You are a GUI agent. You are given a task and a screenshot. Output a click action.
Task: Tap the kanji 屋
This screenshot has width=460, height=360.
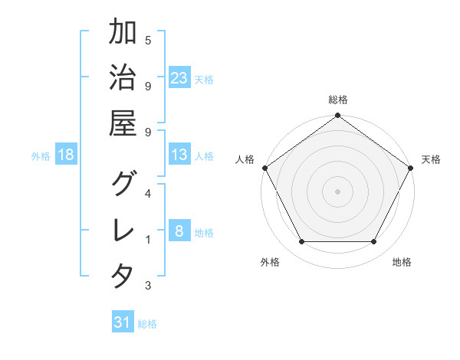[x=123, y=123]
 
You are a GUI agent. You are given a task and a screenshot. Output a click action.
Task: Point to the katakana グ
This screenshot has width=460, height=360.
[x=123, y=184]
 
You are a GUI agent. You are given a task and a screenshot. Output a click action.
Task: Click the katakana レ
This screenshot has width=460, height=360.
[x=123, y=230]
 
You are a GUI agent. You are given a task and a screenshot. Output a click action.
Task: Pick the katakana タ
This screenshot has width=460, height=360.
[x=123, y=276]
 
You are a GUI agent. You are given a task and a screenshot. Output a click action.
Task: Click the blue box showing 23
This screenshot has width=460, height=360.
[x=179, y=78]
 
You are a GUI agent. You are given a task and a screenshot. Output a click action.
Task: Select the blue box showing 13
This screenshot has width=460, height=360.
[x=179, y=155]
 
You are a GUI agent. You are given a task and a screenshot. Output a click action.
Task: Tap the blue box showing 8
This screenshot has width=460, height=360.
[x=179, y=232]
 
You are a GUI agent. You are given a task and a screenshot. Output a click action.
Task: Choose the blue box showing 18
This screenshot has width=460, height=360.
[x=66, y=155]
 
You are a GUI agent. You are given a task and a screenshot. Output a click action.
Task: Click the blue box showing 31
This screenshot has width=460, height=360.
[x=123, y=323]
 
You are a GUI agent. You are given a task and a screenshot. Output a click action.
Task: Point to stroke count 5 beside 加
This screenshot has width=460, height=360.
[x=148, y=40]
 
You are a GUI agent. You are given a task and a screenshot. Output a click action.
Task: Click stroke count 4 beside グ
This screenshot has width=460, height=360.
[x=148, y=192]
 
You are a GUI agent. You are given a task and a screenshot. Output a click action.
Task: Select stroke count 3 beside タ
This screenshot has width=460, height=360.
[x=148, y=286]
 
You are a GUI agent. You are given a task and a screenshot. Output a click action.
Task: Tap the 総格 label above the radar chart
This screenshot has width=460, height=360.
[x=338, y=100]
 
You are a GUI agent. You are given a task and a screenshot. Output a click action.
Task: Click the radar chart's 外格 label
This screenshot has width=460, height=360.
[x=270, y=262]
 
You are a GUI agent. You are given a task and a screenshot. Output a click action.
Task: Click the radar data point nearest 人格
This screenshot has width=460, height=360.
[x=264, y=167]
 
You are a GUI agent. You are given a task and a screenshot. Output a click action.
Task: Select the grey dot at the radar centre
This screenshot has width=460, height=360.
[x=338, y=191]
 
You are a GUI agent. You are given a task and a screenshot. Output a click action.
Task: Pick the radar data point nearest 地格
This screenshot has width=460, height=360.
[x=374, y=241]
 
